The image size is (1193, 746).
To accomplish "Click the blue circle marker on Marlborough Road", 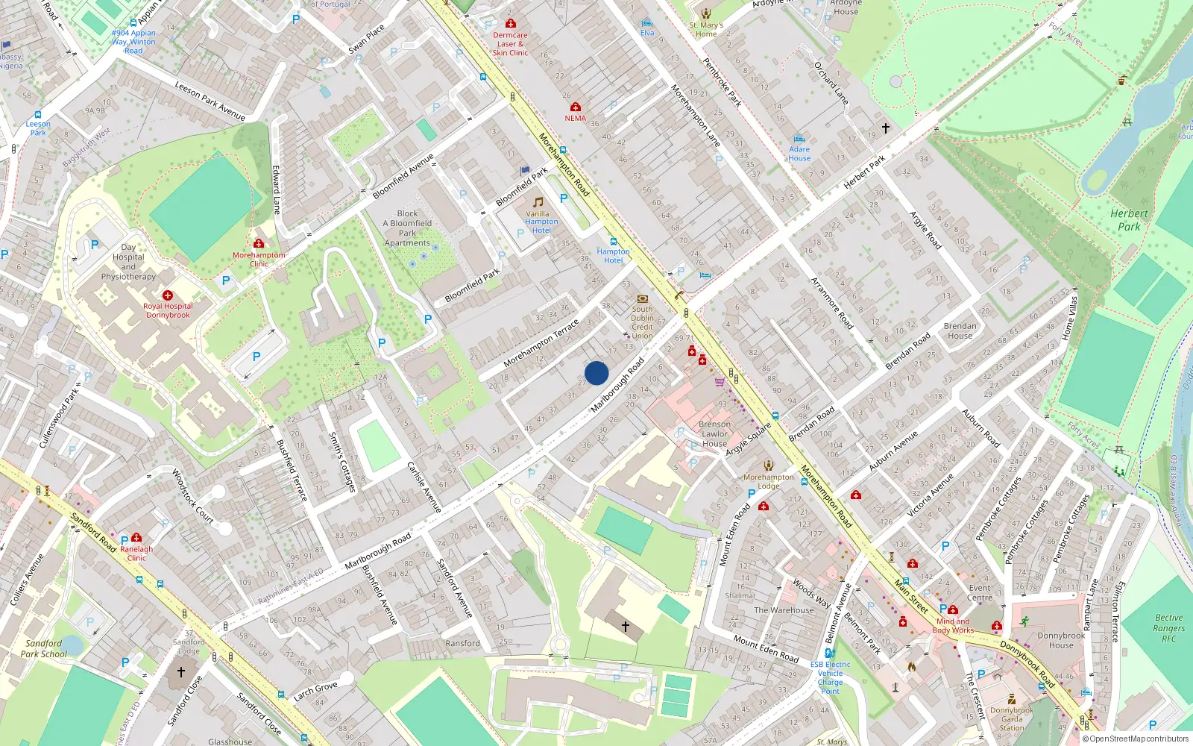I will coord(596,373).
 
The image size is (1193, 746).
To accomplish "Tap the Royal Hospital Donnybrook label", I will coord(168,310).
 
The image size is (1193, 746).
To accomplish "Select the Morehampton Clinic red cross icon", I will coord(259,243).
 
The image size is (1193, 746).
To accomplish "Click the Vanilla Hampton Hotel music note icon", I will coord(538,202).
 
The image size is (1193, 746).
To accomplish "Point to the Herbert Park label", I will coord(1129,220).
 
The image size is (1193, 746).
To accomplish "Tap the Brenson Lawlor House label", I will coord(714,433).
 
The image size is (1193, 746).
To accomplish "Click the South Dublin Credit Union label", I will coord(642,322).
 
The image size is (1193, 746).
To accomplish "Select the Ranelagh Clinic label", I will coord(136,554).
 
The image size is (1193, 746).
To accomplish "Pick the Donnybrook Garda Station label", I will coord(1012,719).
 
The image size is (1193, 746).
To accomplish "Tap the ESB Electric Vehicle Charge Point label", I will coord(830,677).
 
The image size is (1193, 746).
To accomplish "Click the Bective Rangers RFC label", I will coord(1168,628).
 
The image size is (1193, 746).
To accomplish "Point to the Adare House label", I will coord(799,154).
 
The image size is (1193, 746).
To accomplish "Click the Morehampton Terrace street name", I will coord(541,343).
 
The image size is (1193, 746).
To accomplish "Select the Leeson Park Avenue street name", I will coord(210,101).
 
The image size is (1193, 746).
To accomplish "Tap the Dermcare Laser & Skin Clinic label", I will coord(510,44).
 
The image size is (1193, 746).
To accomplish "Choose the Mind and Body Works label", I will coord(953,625).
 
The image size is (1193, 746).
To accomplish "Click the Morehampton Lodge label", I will coord(768,481).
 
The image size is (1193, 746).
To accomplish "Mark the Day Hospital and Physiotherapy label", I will coord(128,262).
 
